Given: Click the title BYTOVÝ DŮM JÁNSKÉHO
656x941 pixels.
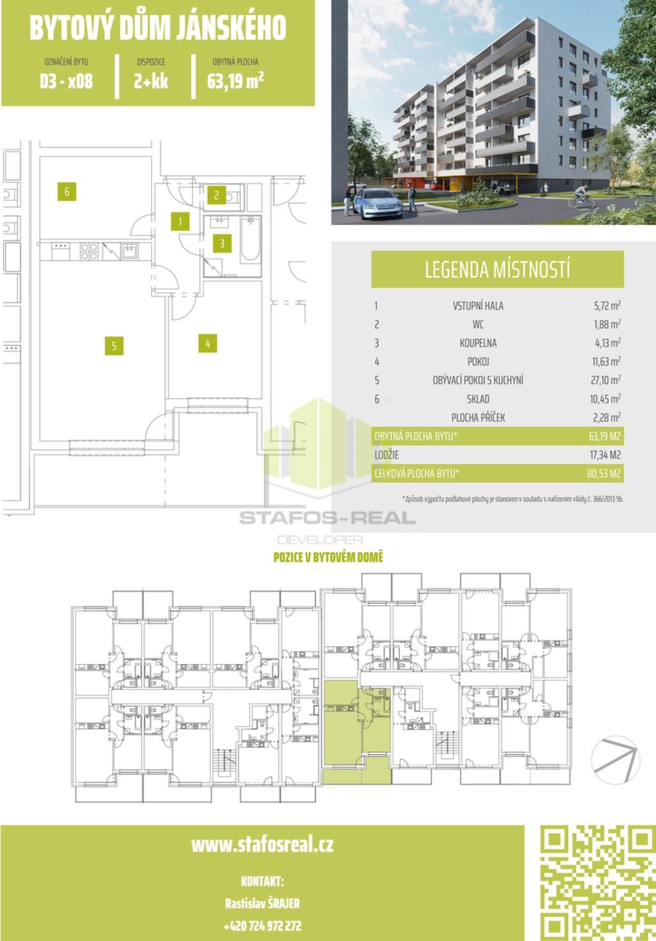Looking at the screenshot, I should coord(158,28).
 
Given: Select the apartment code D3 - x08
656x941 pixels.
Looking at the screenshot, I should coord(66,81).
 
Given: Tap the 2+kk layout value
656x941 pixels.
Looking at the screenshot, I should coord(151,81).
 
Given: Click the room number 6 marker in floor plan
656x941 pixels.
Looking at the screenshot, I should coord(67,191).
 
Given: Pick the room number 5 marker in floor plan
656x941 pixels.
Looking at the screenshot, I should coord(114,346).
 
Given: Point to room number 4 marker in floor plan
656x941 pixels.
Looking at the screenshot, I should coord(208,344).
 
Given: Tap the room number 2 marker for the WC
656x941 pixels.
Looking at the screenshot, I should coord(217,196).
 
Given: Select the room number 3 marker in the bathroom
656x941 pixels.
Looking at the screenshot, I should coord(222,244).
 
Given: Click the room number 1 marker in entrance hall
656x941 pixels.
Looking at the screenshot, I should coord(181,222).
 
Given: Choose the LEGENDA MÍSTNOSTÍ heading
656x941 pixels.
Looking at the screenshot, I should coord(497,269).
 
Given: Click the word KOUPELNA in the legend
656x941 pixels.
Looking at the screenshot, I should coord(478,343).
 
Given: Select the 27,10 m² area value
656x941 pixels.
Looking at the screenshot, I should coord(605,380).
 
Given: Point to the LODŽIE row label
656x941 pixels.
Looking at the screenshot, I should coord(387,455).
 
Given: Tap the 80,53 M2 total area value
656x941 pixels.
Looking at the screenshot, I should coord(605,474).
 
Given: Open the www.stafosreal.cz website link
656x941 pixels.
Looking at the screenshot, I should coord(262,844).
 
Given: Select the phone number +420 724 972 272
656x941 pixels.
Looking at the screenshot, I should coord(262,926).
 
